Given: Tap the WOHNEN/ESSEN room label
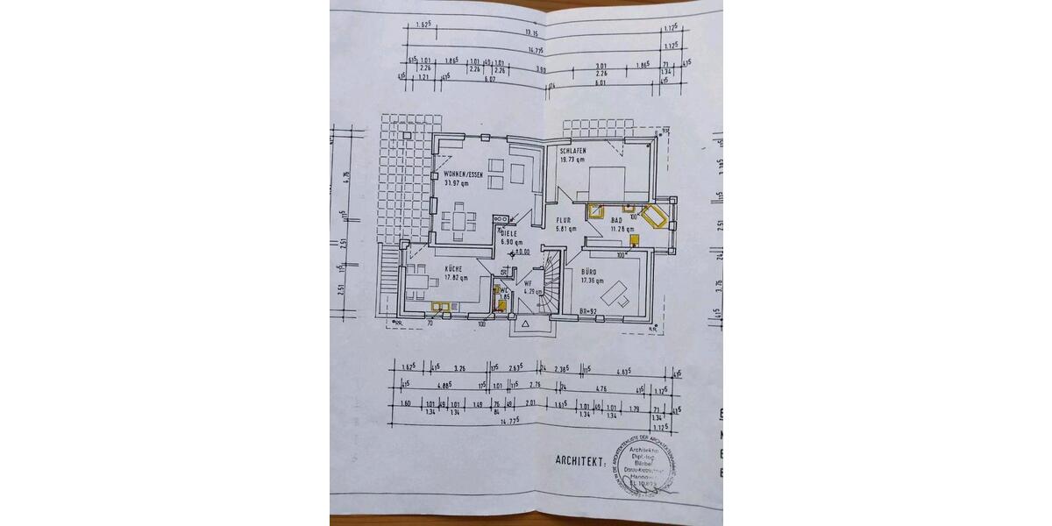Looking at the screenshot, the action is click(463, 175).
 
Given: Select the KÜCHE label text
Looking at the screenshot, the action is click(453, 269).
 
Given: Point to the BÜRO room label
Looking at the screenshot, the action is click(589, 273).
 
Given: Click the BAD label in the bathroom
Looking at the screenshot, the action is click(616, 220).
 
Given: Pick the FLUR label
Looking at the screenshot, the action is click(564, 221).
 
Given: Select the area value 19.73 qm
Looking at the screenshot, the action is click(573, 160).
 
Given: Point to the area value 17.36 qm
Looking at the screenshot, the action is click(594, 281).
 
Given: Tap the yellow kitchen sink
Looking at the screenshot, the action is click(439, 305).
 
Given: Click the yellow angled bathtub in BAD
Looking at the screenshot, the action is click(654, 216).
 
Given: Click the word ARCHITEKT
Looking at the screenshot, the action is click(580, 460).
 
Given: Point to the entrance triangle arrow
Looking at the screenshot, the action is click(526, 323).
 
